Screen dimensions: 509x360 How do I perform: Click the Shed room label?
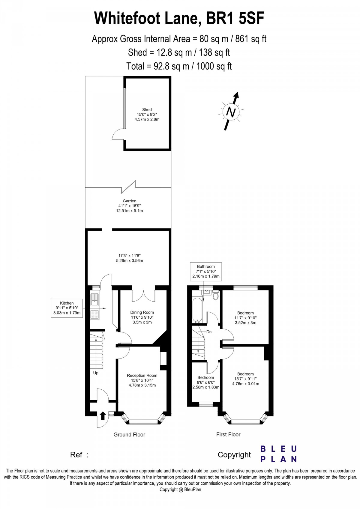tap(147, 114)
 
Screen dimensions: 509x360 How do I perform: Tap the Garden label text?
tap(129, 206)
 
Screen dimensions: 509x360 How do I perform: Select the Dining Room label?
tap(142, 317)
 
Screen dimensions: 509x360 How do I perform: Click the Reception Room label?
tap(142, 380)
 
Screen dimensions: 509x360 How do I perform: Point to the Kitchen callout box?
tap(67, 308)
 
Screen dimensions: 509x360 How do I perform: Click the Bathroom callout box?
tap(206, 271)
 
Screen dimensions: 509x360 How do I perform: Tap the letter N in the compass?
tap(231, 112)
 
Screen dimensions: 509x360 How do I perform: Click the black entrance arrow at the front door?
tap(103, 415)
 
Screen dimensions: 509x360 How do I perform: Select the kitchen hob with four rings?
tap(95, 314)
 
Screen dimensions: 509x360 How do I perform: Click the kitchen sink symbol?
tap(94, 300)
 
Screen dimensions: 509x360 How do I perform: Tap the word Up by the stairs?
tap(96, 373)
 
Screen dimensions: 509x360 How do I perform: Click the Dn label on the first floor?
tap(209, 332)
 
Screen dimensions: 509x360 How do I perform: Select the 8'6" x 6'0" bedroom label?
tap(206, 382)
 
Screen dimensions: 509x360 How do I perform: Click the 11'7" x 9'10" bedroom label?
tap(245, 318)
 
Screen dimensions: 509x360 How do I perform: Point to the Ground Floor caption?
tap(129, 434)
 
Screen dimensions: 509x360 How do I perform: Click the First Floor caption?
tap(228, 434)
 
